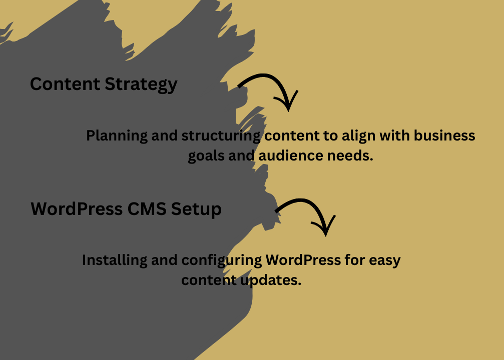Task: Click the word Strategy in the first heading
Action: coord(141,84)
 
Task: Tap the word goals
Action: coord(206,156)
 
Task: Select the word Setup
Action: coord(197,209)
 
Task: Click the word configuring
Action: coord(221,261)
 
